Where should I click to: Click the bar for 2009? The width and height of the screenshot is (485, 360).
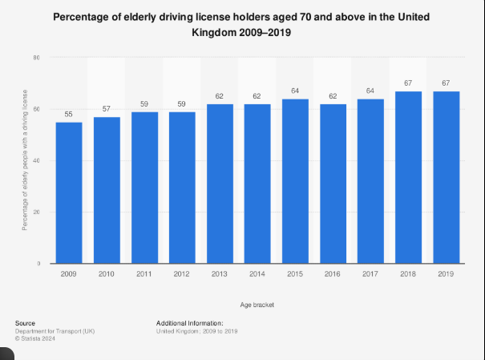tap(69, 192)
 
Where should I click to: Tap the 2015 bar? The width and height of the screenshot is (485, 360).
tap(296, 180)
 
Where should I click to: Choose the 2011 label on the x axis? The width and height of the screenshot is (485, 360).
tap(144, 274)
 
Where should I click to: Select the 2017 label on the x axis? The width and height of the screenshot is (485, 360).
tap(371, 274)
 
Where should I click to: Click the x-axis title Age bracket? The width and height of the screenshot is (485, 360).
tap(258, 305)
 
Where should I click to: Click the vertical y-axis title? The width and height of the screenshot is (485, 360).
tap(25, 160)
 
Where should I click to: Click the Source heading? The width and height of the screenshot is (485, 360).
tap(25, 323)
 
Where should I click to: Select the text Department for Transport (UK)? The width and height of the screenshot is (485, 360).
tap(55, 330)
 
